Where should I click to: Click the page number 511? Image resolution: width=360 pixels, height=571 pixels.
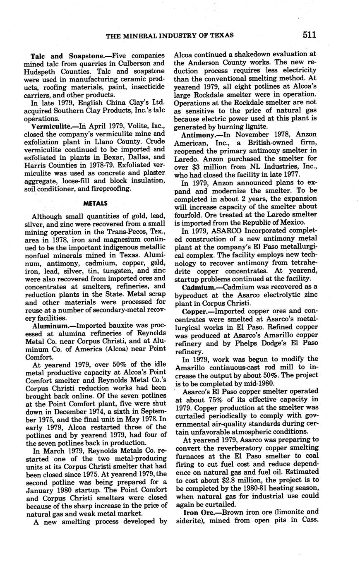309,35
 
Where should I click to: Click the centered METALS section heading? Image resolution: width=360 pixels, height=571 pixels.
96,203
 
